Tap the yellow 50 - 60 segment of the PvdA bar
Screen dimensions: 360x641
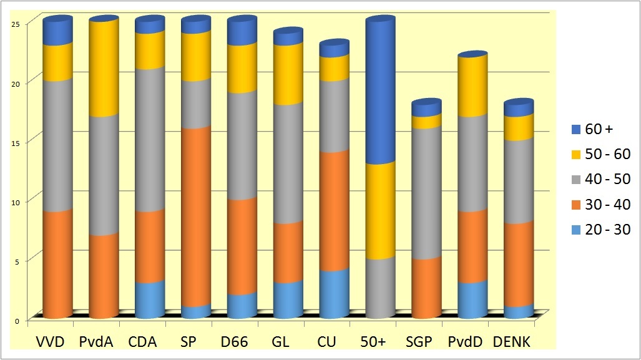(x=104, y=69)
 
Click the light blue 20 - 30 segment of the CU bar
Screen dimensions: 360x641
(x=335, y=294)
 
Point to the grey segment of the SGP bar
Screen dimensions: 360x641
(x=427, y=193)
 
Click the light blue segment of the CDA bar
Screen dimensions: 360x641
(x=150, y=300)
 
